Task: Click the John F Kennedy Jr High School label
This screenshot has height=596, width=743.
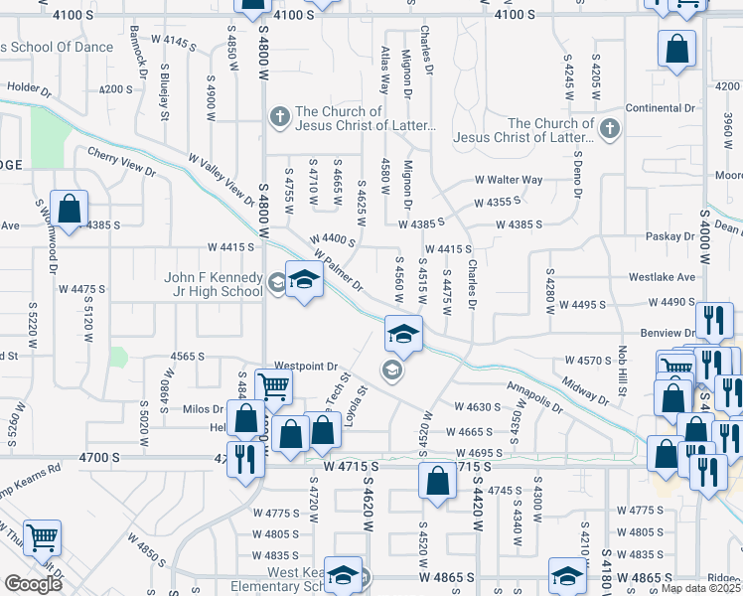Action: [214, 285]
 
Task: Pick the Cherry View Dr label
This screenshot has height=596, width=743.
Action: [121, 162]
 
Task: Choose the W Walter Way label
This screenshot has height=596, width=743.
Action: [509, 180]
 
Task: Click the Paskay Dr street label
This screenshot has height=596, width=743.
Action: [669, 236]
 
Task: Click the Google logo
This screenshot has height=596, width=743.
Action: [33, 583]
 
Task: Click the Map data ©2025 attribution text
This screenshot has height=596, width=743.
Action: [700, 588]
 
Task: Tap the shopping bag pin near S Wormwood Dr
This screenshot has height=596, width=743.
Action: [69, 211]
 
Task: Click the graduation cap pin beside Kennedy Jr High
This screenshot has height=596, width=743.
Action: [304, 280]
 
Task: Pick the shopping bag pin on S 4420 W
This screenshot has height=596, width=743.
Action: [437, 482]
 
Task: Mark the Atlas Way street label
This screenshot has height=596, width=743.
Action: [384, 71]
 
